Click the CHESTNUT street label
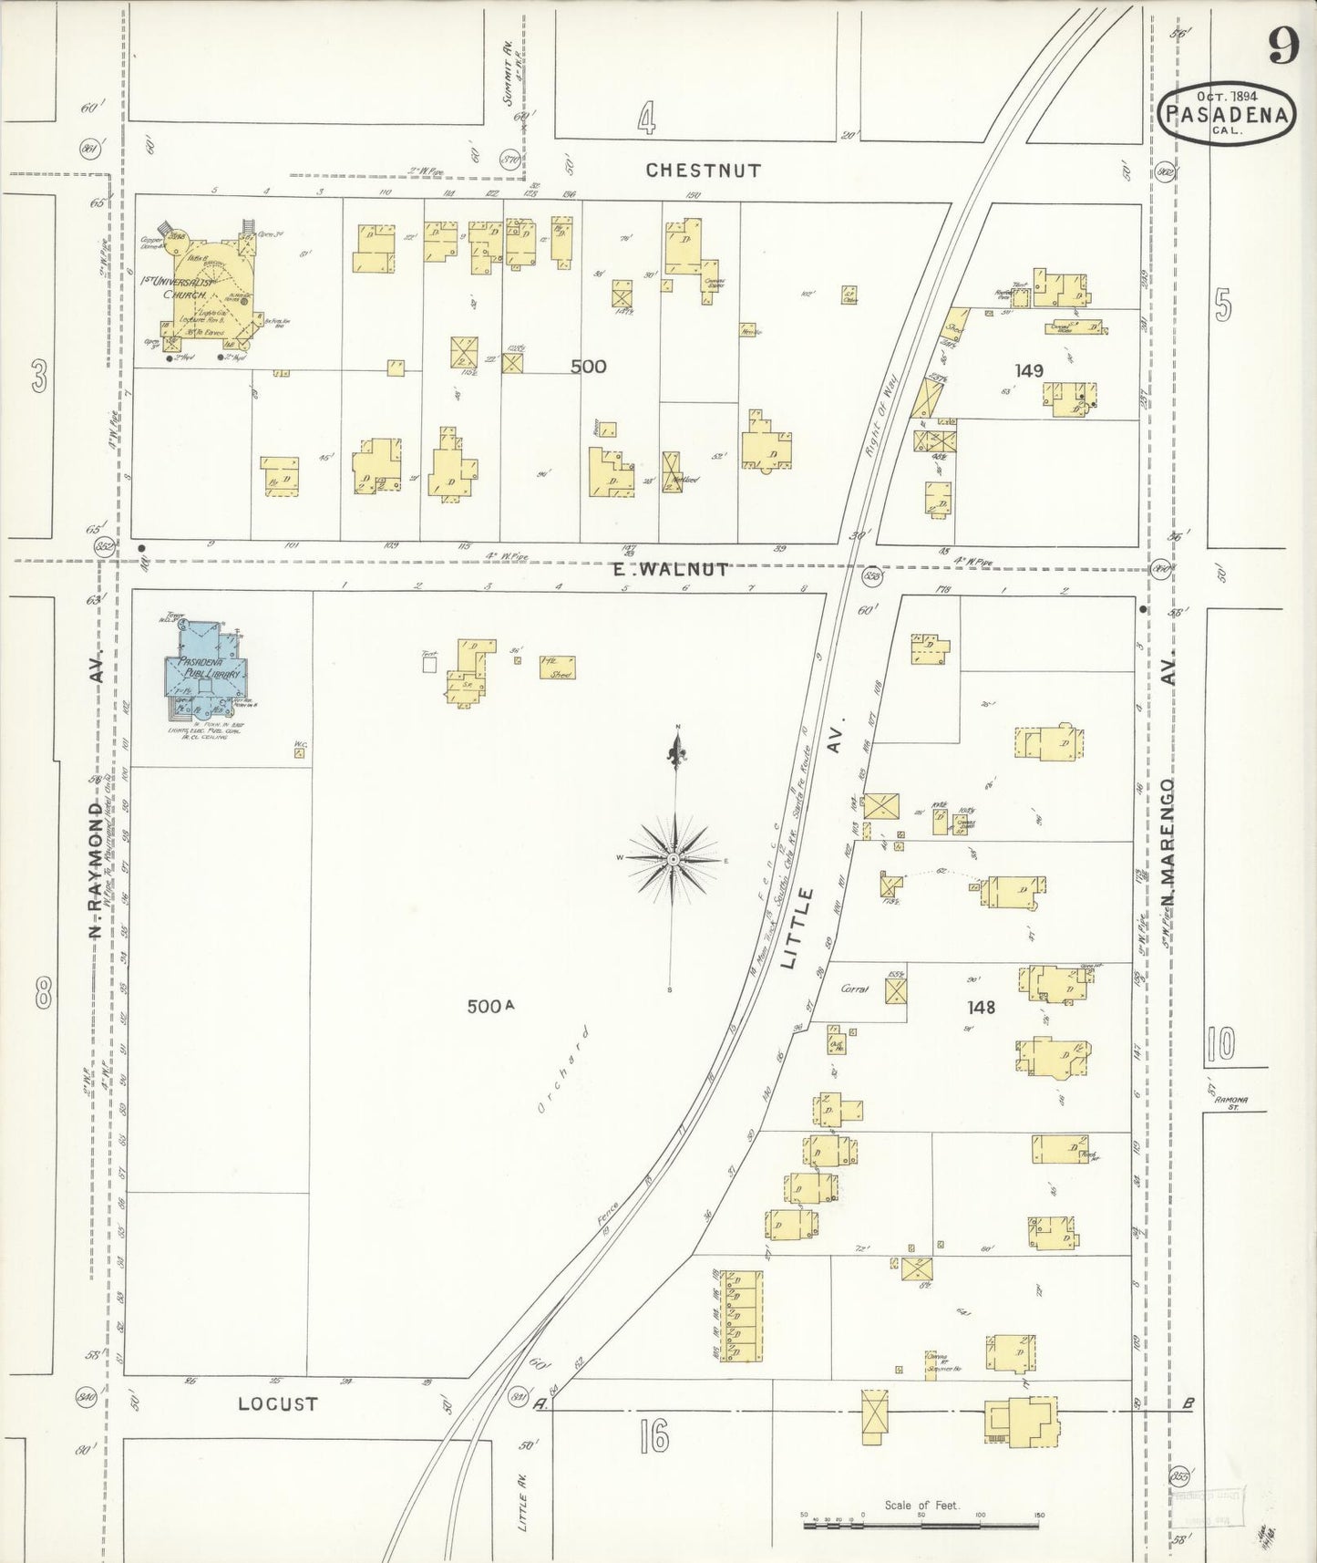(703, 171)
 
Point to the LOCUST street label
(277, 1403)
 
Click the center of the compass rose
(674, 859)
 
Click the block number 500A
(490, 1007)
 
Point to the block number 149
(1027, 370)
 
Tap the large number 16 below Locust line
(653, 1438)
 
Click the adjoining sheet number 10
(1219, 1043)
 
